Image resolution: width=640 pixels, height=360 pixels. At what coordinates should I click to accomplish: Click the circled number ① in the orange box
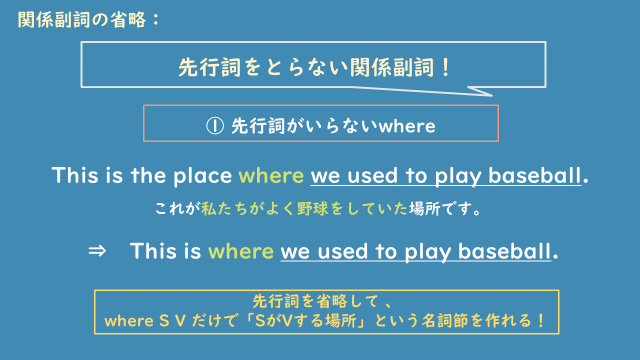[x=212, y=125]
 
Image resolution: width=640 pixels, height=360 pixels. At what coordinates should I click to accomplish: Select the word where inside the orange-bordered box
[x=408, y=125]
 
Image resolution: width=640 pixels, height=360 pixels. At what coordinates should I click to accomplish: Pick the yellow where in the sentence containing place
[x=270, y=176]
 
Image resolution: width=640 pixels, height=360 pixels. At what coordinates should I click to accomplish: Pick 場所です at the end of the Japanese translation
[x=456, y=210]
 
